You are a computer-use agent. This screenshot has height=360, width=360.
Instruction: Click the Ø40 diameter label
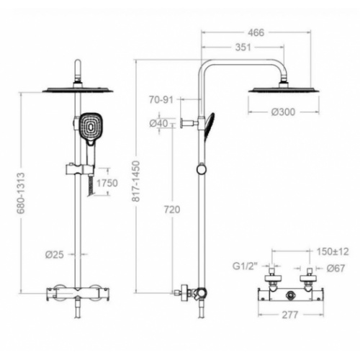(158, 125)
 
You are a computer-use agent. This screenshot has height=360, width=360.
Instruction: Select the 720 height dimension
(171, 209)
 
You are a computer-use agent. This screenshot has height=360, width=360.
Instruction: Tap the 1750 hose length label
(106, 183)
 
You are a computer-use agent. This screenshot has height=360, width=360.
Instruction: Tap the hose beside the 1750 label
(88, 186)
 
